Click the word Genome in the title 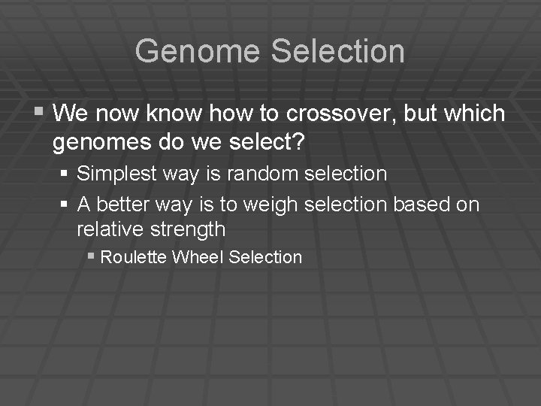(x=198, y=51)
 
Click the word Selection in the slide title (x=337, y=51)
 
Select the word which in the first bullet (x=474, y=114)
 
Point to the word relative (x=110, y=229)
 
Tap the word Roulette (x=133, y=257)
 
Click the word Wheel (x=198, y=257)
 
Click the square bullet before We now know (x=39, y=113)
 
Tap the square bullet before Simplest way (x=65, y=174)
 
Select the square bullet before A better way (x=65, y=205)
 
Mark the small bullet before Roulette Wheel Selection (x=90, y=256)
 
